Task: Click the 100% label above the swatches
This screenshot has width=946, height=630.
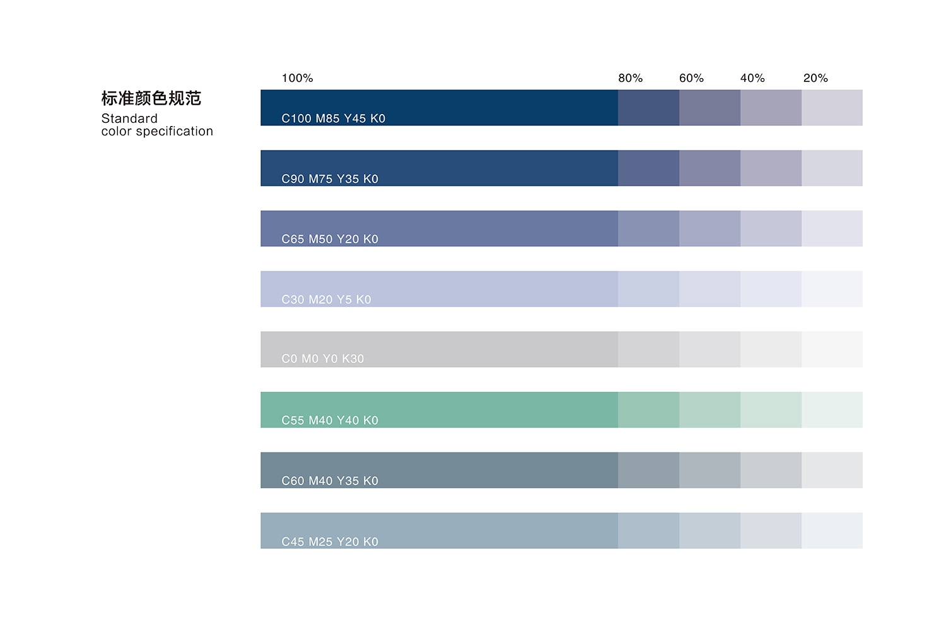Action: [x=297, y=78]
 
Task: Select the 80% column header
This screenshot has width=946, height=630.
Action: [x=630, y=78]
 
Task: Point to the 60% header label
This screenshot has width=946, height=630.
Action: [x=691, y=78]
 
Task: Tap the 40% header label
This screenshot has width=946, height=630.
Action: [x=752, y=78]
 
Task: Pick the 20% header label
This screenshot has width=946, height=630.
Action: [x=815, y=78]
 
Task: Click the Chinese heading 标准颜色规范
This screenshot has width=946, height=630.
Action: [x=151, y=98]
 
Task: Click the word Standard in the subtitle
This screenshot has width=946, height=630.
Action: [x=129, y=118]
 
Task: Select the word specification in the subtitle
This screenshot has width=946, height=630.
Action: [x=175, y=132]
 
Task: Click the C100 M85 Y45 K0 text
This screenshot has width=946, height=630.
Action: [x=333, y=118]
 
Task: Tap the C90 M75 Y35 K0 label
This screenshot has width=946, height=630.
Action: [x=330, y=179]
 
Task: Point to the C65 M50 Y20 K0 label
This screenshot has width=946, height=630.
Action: [x=330, y=239]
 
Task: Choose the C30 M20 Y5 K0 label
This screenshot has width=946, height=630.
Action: [x=326, y=300]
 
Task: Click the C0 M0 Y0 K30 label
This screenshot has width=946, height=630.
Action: [x=322, y=359]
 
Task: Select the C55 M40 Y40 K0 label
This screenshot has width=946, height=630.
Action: [x=330, y=420]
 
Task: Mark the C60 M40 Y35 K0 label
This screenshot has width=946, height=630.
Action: [x=330, y=481]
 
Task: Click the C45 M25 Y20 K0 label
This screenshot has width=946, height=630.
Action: [x=330, y=542]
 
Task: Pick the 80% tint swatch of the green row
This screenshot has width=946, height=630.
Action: [x=648, y=409]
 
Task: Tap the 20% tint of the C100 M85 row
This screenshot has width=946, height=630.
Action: [x=832, y=107]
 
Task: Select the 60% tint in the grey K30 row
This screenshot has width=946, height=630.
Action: [x=709, y=349]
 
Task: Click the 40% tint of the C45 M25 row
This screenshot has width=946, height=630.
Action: [x=771, y=530]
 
